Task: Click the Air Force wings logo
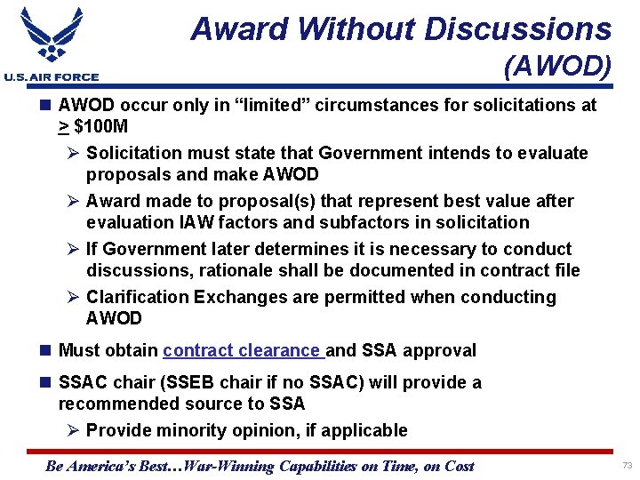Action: [x=51, y=38]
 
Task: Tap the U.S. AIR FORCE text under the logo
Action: [x=52, y=77]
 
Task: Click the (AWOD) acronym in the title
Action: [x=556, y=67]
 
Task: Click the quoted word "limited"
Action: [x=278, y=105]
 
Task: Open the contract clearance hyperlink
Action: [x=243, y=350]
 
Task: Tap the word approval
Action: [x=439, y=350]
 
